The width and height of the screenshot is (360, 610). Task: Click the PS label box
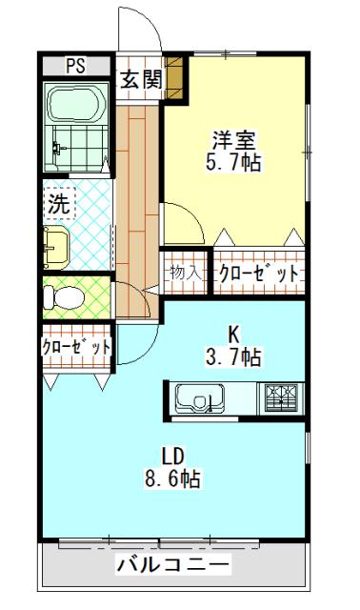point(75,67)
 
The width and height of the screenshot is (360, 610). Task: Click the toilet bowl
point(67,298)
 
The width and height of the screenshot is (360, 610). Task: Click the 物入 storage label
point(185,273)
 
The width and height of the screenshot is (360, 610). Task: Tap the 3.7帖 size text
point(234,357)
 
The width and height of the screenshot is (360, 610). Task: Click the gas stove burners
point(281,396)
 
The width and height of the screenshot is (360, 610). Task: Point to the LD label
point(171,455)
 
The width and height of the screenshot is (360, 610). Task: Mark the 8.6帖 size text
point(172,478)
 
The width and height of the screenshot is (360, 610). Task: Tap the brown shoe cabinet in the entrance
point(173,81)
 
